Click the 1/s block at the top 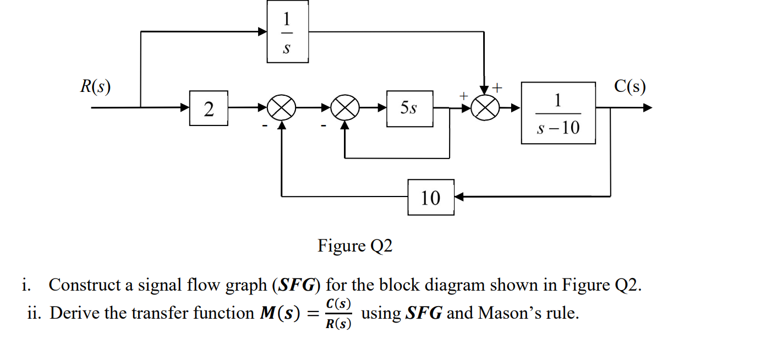click(287, 31)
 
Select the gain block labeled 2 click(209, 108)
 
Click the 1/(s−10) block click(558, 113)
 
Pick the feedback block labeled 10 click(431, 197)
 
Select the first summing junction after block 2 click(282, 108)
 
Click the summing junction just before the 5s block click(344, 108)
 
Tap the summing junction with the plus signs click(484, 108)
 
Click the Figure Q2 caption click(355, 246)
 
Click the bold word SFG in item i click(297, 286)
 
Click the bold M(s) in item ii click(278, 313)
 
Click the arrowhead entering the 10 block click(459, 197)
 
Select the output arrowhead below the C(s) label click(648, 108)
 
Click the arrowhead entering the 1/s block click(263, 31)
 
